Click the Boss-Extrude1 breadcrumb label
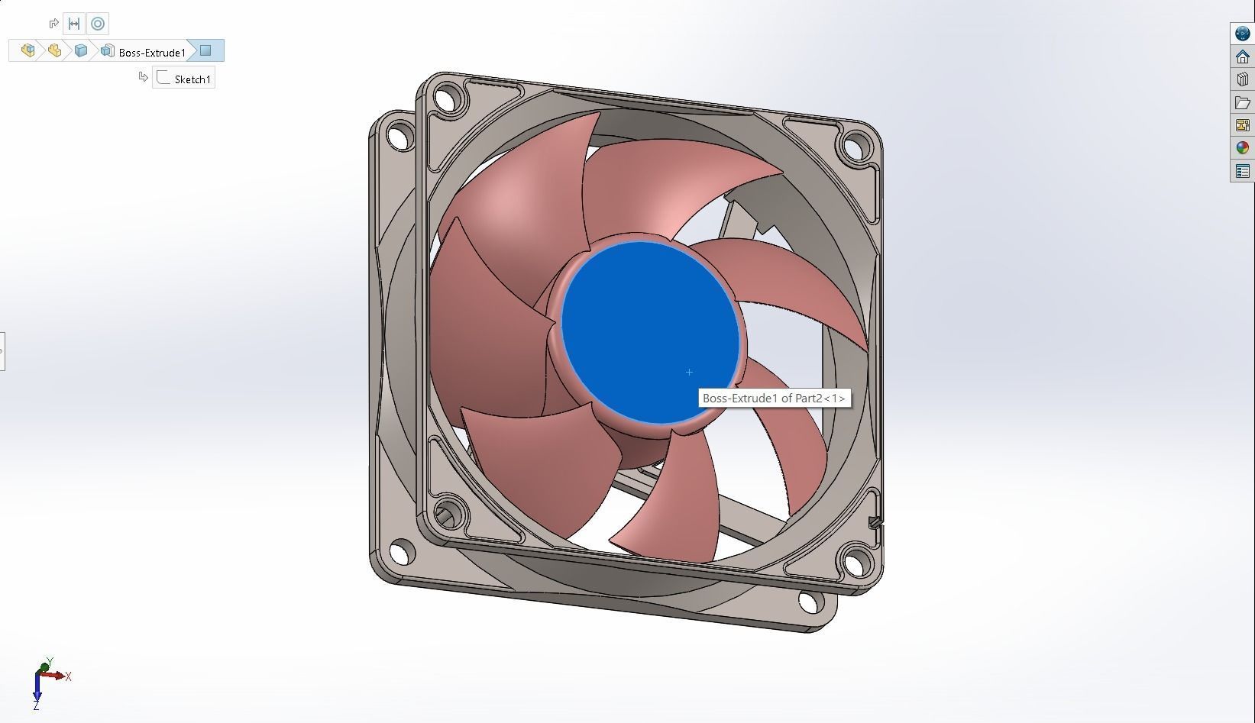[x=152, y=53]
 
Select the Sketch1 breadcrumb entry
[x=192, y=79]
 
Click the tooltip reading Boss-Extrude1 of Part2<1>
[x=773, y=399]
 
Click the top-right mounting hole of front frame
[x=855, y=144]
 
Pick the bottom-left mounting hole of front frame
[x=448, y=510]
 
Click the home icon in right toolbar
[x=1242, y=56]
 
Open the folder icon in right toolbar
[x=1242, y=102]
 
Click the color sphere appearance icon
[x=1242, y=148]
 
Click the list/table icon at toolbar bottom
[x=1242, y=171]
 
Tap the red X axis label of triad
[x=68, y=676]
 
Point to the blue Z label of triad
[x=36, y=706]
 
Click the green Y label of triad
[x=50, y=661]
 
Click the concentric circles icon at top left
[x=98, y=24]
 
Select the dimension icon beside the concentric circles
[x=74, y=24]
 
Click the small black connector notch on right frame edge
[x=875, y=522]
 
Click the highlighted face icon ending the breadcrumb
[x=205, y=51]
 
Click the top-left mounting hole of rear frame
[x=397, y=137]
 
